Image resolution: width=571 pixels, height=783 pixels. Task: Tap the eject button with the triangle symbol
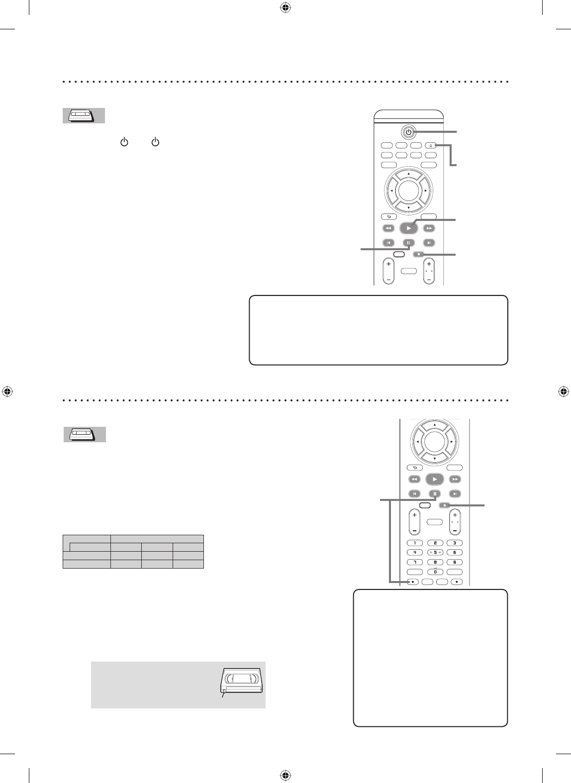pos(431,146)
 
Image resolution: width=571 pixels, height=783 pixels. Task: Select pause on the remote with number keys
pos(435,494)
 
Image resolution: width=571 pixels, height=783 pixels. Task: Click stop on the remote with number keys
pos(446,505)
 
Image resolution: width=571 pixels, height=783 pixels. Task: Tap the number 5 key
pos(435,552)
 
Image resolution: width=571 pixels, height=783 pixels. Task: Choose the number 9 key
pos(454,562)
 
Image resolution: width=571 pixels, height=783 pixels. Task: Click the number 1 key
pos(415,543)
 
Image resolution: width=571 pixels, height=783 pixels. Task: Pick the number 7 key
pos(415,562)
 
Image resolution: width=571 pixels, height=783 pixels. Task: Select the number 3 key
pos(454,543)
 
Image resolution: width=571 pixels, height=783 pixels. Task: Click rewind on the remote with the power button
pos(388,228)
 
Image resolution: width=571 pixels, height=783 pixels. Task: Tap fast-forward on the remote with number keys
pos(455,480)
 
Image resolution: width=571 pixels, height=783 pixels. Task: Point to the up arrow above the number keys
pos(435,425)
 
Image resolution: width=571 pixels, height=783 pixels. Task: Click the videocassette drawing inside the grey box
pos(243,680)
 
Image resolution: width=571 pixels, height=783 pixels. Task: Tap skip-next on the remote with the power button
pos(428,243)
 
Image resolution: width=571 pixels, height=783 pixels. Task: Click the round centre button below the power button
pos(408,190)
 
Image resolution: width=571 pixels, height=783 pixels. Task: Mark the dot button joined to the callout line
pos(413,582)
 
